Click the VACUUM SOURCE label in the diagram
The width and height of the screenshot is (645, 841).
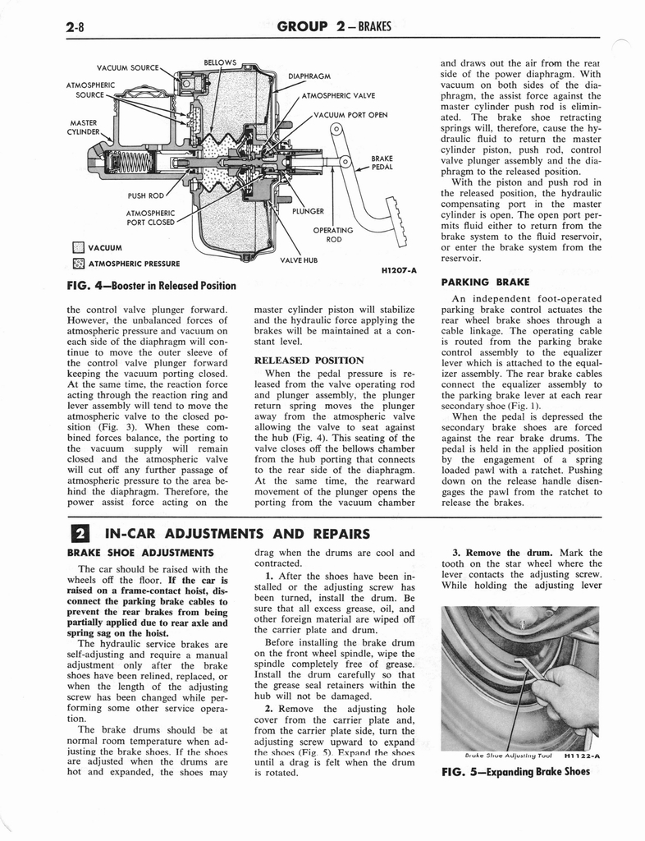click(x=127, y=67)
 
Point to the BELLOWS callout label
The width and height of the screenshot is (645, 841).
click(x=220, y=62)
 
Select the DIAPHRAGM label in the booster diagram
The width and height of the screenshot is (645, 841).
click(x=309, y=77)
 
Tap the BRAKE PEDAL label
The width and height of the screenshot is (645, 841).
click(x=382, y=162)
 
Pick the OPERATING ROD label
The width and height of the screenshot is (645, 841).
click(x=334, y=235)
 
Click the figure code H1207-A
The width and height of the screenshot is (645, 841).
click(x=400, y=270)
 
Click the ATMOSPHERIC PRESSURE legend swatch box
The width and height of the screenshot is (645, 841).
click(x=78, y=264)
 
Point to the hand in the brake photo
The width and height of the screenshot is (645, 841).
click(x=571, y=695)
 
